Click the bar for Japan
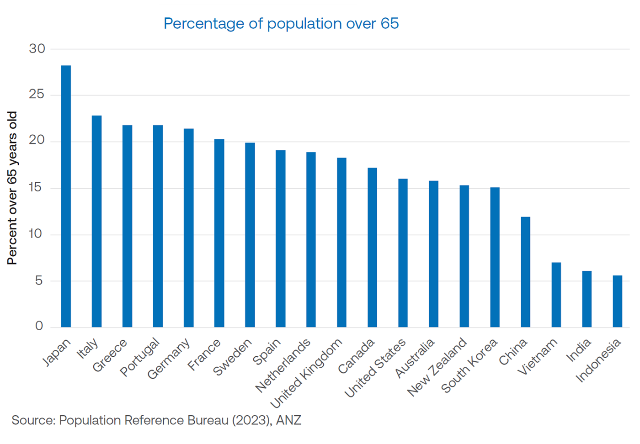click(66, 196)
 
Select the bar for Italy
click(96, 222)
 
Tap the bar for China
click(525, 272)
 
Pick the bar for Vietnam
click(556, 295)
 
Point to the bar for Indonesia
click(617, 301)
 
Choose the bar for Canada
click(372, 248)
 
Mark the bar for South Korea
click(495, 257)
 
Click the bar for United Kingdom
click(341, 243)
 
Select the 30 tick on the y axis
click(37, 49)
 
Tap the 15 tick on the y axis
click(37, 188)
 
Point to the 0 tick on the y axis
click(39, 326)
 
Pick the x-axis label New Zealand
click(437, 367)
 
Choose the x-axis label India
click(579, 350)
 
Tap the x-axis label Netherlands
click(283, 365)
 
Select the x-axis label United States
click(375, 368)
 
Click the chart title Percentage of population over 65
click(281, 23)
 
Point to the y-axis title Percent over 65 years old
click(12, 188)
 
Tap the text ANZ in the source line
click(288, 420)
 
